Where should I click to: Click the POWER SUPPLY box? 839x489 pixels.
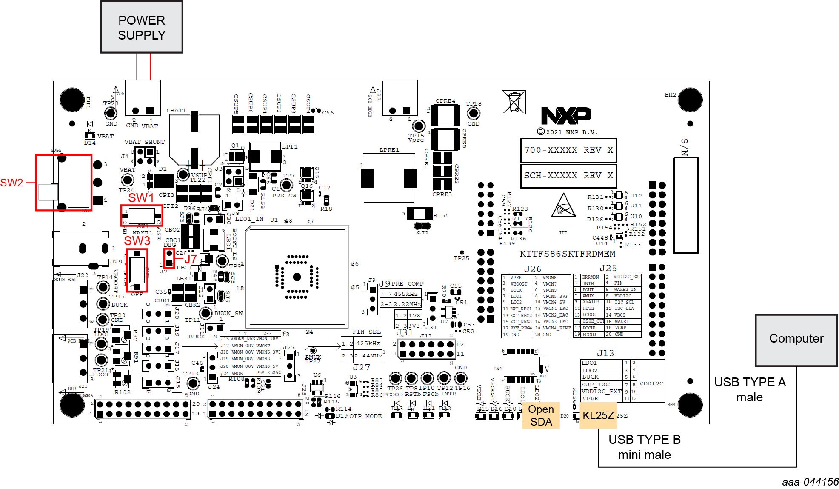tap(142, 27)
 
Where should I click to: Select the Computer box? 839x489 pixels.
tap(796, 339)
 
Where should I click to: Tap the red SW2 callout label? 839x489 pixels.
tap(11, 183)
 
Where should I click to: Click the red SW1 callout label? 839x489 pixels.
tap(141, 198)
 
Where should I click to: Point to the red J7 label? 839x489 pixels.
tap(190, 258)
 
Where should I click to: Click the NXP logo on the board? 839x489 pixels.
tap(566, 115)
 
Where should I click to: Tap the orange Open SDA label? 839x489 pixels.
tap(541, 415)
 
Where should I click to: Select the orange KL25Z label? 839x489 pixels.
tap(598, 415)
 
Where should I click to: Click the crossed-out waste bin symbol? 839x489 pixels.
tap(514, 102)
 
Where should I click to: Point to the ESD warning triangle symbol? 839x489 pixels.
tap(563, 206)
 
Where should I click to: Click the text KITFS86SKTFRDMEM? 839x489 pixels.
tap(567, 254)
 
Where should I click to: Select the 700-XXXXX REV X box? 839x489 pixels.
tap(568, 150)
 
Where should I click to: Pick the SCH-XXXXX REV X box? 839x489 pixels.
tap(568, 176)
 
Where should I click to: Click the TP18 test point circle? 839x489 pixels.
tap(474, 114)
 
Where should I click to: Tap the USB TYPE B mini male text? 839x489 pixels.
tap(644, 447)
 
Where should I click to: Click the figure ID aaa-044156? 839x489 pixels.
tap(810, 482)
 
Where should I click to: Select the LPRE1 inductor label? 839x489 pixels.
tap(389, 150)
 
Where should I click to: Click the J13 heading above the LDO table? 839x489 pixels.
tap(605, 353)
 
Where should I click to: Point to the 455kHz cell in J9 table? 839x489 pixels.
tap(405, 294)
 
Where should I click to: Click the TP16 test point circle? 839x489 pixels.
tap(461, 378)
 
